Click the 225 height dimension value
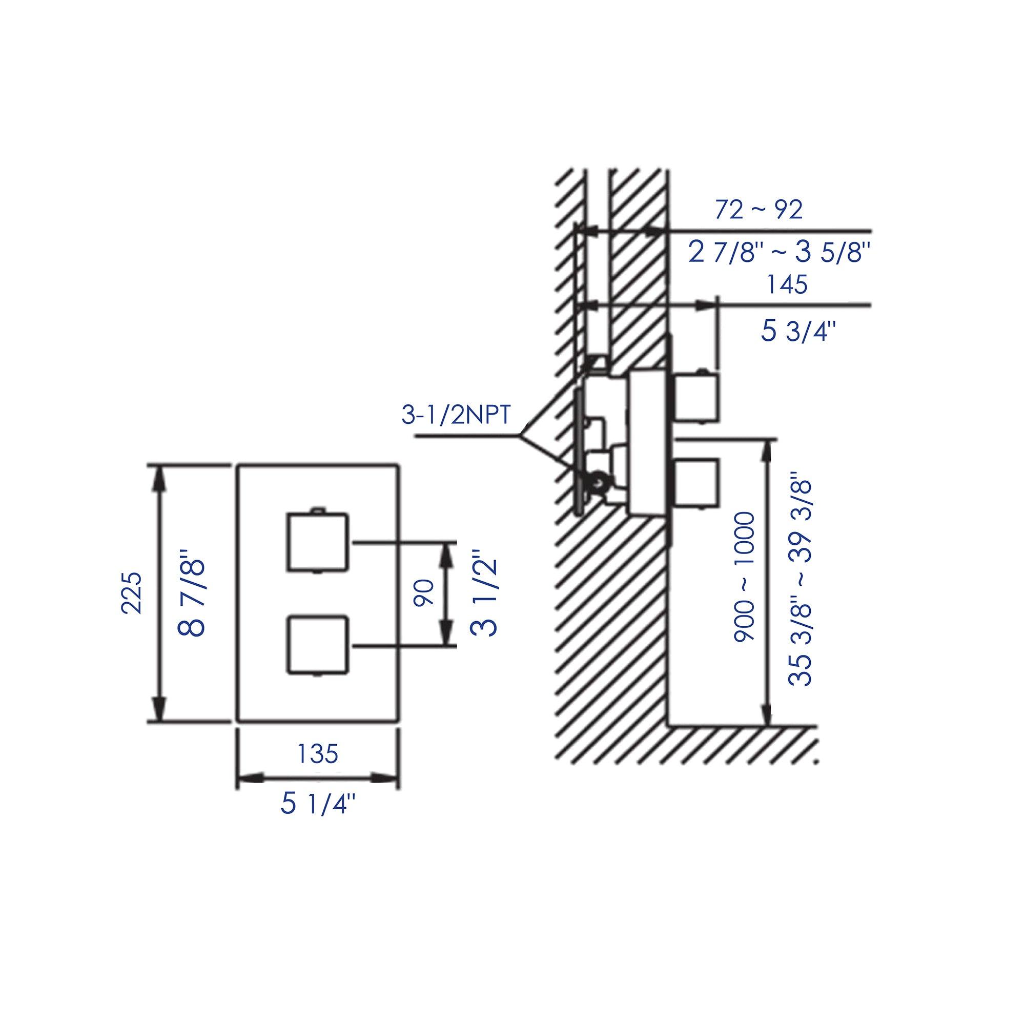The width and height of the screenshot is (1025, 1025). tap(132, 592)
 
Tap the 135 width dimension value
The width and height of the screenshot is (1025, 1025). tap(317, 753)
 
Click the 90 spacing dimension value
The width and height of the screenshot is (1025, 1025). tap(425, 593)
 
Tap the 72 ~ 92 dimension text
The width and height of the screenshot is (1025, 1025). tap(758, 210)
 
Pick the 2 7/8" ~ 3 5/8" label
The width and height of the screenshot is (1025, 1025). tap(780, 253)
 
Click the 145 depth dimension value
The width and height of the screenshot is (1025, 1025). tap(787, 285)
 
